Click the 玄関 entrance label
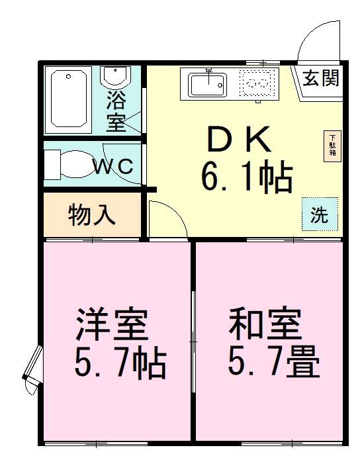[x=322, y=79]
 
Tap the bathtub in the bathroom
[x=69, y=100]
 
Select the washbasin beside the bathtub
[x=116, y=77]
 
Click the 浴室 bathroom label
[x=116, y=112]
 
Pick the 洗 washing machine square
[x=320, y=214]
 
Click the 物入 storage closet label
[x=92, y=214]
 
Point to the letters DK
[x=239, y=140]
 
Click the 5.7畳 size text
[x=273, y=362]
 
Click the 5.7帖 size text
[x=120, y=362]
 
